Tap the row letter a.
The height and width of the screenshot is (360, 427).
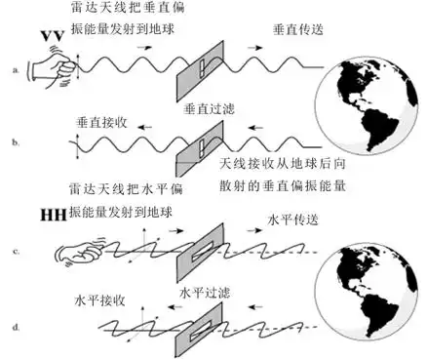click(x=15, y=71)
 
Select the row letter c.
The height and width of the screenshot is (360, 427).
click(x=14, y=253)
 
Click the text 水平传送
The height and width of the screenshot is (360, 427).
click(x=293, y=220)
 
